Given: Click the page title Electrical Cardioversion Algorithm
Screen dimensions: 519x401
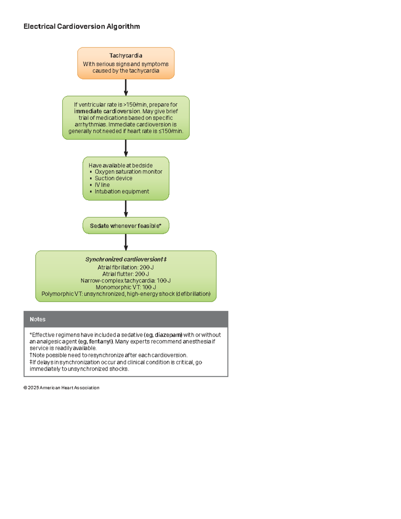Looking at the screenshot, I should [x=82, y=26].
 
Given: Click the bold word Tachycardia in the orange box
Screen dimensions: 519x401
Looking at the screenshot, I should [x=126, y=55].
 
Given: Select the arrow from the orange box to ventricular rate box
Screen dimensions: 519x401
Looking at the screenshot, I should [x=126, y=87].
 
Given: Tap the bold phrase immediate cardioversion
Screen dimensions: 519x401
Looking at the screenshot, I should [x=107, y=111].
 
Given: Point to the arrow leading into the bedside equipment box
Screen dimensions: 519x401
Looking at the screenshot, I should [x=126, y=148].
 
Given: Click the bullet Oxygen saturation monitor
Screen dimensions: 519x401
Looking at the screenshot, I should [x=128, y=172].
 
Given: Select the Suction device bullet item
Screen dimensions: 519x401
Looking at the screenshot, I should [x=113, y=178].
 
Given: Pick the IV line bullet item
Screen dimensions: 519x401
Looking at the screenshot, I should [x=102, y=185].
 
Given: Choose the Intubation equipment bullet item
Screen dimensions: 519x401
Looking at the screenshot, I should [x=122, y=191].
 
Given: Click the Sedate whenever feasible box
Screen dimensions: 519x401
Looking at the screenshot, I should [x=126, y=226].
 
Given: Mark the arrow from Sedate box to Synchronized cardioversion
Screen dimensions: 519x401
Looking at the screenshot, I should [x=126, y=242].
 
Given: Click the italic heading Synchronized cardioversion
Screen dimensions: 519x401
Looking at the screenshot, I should [x=126, y=259].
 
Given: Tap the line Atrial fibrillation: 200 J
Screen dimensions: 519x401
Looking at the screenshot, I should [x=126, y=267].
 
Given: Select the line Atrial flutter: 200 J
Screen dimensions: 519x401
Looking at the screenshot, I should [x=126, y=274].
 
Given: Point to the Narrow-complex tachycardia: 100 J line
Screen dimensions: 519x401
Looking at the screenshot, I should [x=126, y=281].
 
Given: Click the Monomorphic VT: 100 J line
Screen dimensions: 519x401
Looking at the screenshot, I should [x=126, y=287].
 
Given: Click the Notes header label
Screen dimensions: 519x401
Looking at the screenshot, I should [x=37, y=319].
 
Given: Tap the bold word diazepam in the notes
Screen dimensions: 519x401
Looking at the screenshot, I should [x=168, y=335].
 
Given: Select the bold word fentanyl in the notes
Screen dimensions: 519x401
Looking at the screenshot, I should [x=101, y=342].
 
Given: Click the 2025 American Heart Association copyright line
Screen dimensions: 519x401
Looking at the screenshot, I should [x=61, y=388].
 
